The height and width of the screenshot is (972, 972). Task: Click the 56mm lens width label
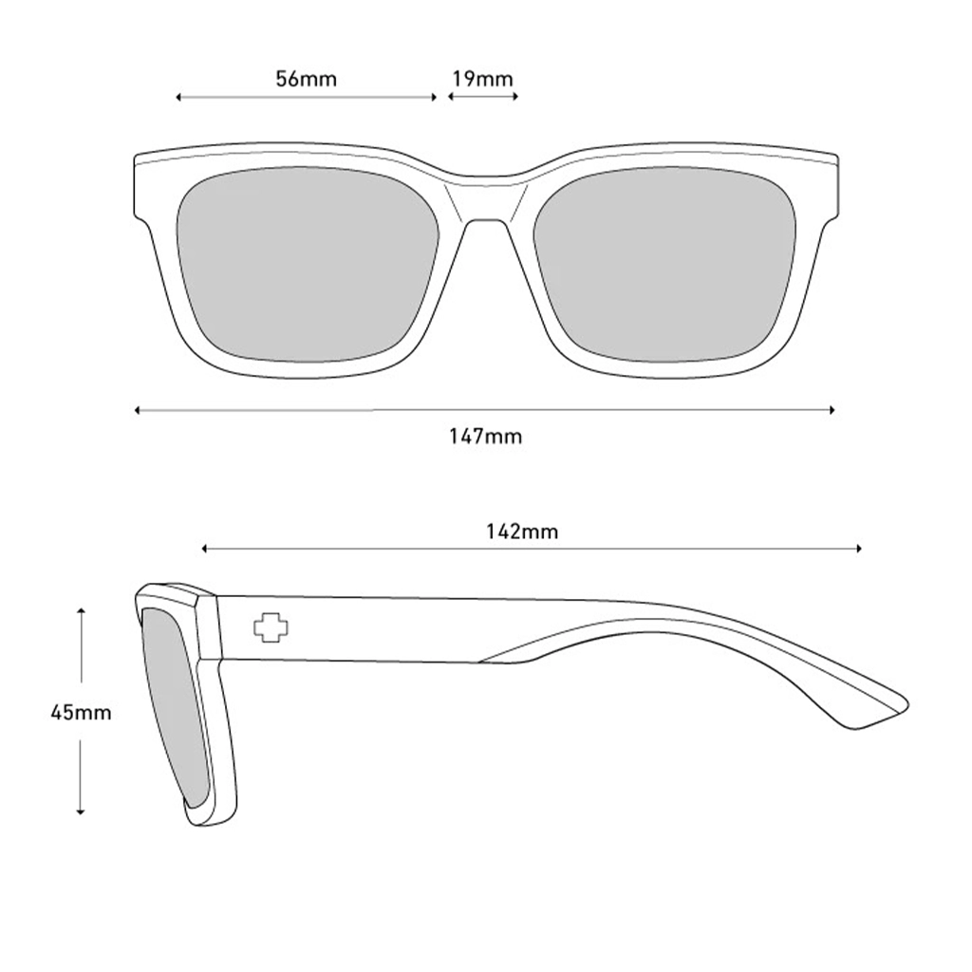[x=307, y=79]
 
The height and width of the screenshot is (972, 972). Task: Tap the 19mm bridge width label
[x=482, y=79]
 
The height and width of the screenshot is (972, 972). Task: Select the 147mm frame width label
[x=485, y=437]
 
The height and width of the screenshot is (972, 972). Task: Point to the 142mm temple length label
[x=522, y=532]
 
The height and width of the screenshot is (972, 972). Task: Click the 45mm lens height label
[x=81, y=712]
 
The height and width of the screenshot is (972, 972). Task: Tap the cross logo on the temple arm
[x=271, y=628]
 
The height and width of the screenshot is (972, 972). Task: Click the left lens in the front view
[x=308, y=264]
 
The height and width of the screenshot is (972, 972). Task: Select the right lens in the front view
[x=664, y=264]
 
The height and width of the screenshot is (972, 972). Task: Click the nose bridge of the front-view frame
[x=486, y=198]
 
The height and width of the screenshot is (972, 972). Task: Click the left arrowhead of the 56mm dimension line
[x=178, y=98]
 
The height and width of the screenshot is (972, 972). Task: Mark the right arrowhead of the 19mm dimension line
[x=515, y=96]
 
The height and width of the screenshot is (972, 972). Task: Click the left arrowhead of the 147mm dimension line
[x=138, y=410]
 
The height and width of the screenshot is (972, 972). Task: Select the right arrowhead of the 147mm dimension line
[x=832, y=410]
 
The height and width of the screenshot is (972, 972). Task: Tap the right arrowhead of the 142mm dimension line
[x=858, y=548]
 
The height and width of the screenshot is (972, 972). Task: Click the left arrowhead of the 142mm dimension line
[x=205, y=548]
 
